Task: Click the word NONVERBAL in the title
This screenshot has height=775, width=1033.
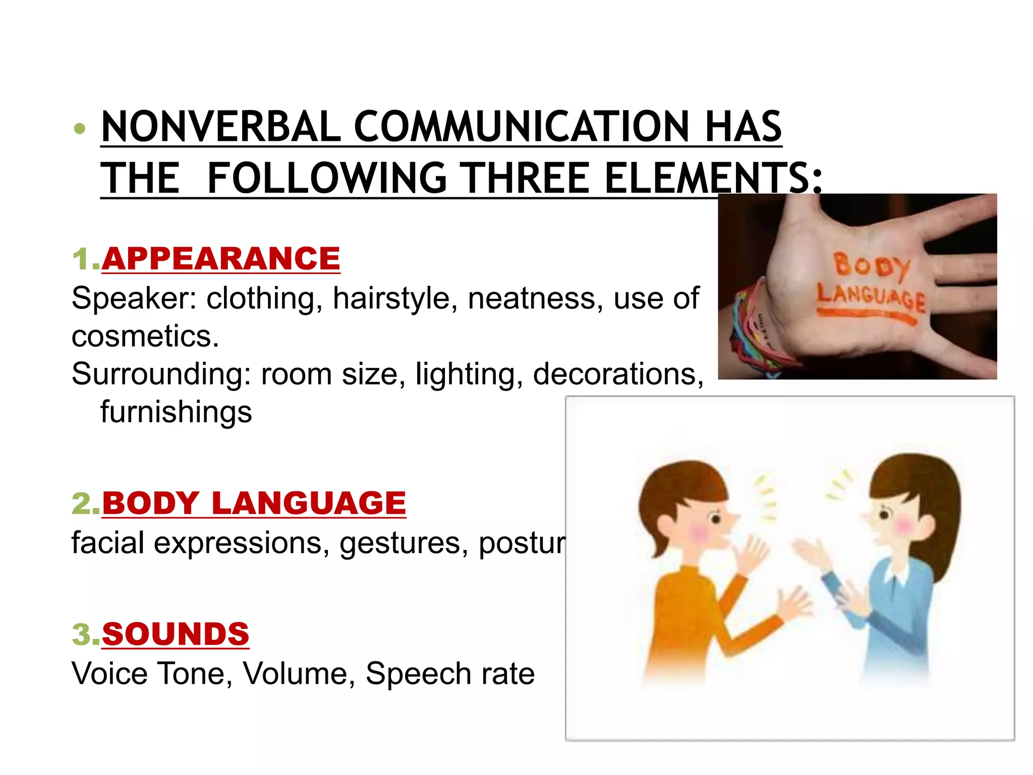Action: [221, 127]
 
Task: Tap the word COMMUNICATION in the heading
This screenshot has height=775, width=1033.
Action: [522, 127]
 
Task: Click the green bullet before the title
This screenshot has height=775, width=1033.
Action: [79, 129]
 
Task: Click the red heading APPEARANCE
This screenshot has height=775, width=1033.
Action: [221, 259]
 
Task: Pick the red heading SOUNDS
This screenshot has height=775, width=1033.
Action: [176, 634]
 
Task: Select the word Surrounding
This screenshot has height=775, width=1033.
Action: [160, 374]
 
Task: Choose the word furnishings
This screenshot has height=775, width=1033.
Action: [176, 412]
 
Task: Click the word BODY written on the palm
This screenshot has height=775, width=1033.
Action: [872, 265]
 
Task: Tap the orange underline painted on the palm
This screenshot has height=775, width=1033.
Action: [866, 316]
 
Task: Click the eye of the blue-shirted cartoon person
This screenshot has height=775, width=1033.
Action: [884, 514]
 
